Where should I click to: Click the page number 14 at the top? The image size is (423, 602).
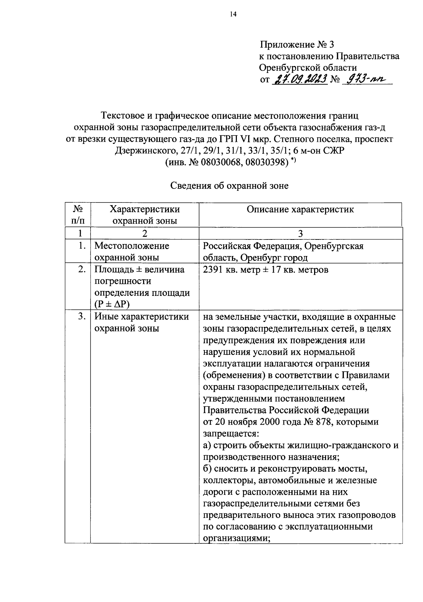(x=233, y=14)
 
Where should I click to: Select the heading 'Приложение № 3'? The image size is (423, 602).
(x=296, y=45)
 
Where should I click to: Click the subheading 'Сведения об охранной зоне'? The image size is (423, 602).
(x=229, y=186)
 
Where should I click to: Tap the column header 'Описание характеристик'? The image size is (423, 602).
(x=300, y=209)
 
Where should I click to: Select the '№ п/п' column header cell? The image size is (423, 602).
(x=78, y=215)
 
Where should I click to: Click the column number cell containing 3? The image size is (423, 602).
(x=300, y=233)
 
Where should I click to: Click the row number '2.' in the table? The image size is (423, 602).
(x=82, y=269)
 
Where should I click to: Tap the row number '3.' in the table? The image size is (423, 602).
(x=82, y=316)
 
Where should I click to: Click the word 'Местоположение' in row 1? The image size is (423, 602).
(x=131, y=246)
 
